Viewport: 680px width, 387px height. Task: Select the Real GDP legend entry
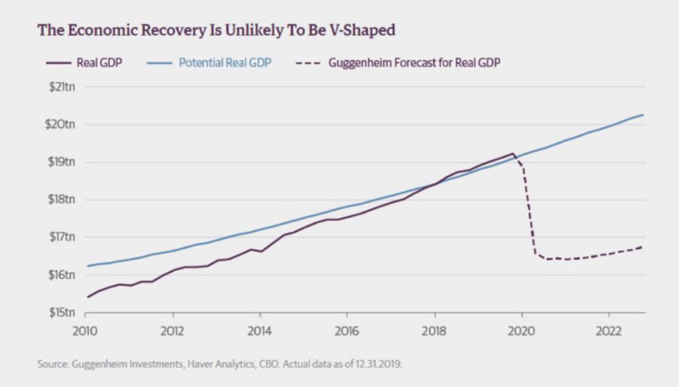85,63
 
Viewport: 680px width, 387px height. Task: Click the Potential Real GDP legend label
225,63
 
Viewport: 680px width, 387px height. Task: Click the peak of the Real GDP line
513,153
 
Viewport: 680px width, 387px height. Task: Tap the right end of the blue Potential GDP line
643,115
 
